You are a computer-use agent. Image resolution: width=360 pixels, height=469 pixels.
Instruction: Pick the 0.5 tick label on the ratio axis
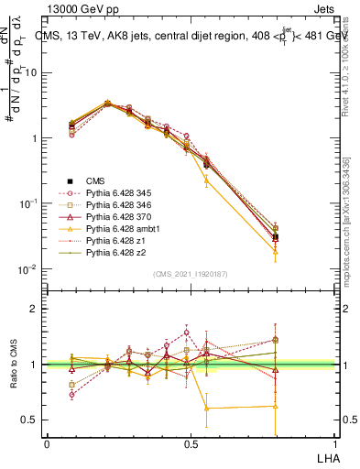coord(30,420)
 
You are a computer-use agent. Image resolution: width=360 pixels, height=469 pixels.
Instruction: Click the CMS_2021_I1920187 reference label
coord(191,274)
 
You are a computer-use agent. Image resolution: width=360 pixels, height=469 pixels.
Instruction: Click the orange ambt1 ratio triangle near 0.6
coord(206,408)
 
